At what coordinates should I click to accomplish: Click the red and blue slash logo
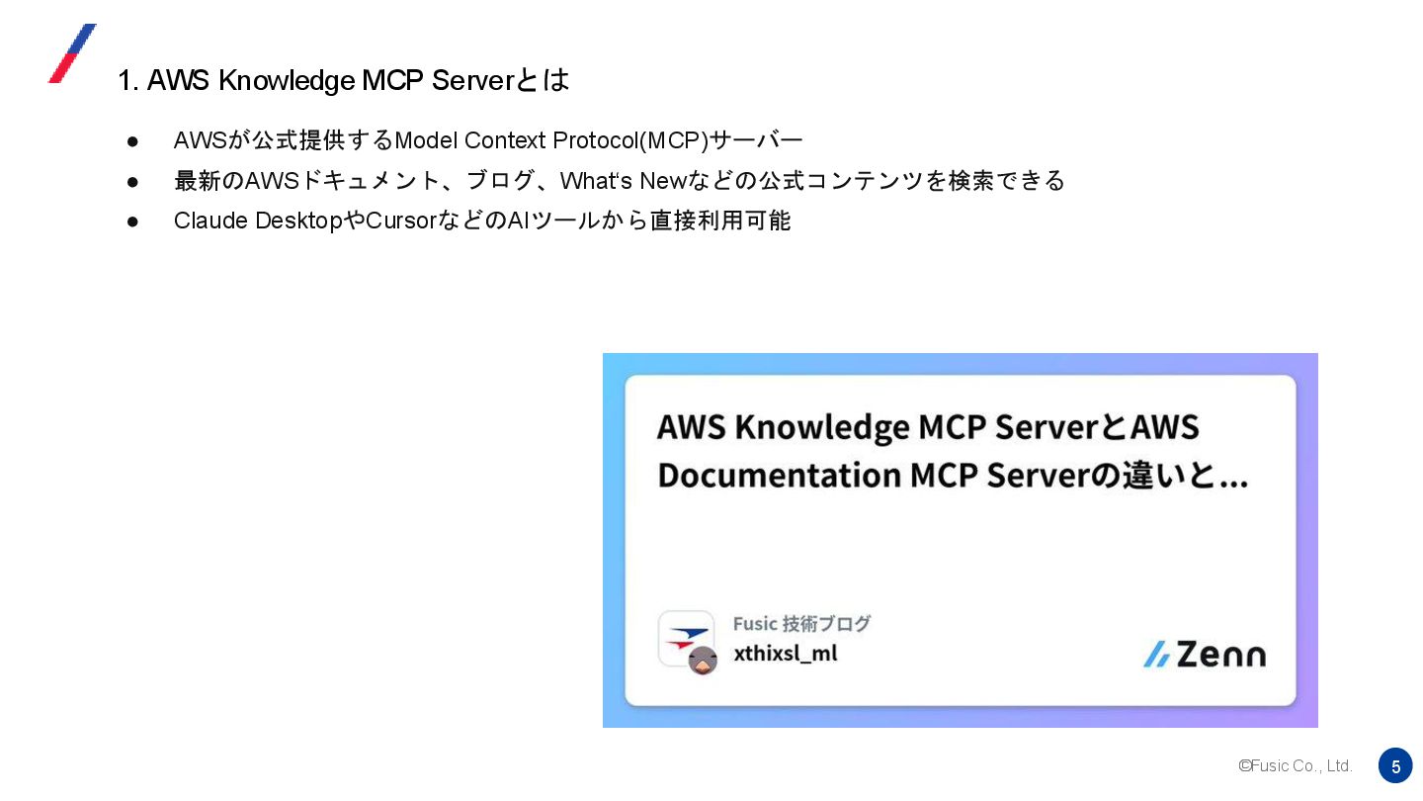click(x=72, y=53)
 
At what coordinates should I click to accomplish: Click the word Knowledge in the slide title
click(x=286, y=80)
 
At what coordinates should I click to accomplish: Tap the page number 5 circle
click(x=1395, y=765)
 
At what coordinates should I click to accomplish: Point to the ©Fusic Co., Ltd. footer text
click(x=1295, y=766)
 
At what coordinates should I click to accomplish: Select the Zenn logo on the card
click(x=1204, y=654)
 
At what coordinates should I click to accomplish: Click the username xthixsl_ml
click(x=785, y=654)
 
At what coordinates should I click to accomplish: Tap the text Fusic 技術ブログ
click(x=801, y=624)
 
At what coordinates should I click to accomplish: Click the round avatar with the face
click(x=703, y=661)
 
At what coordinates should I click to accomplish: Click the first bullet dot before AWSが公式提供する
click(x=133, y=141)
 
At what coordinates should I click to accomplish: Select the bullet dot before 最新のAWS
click(x=133, y=182)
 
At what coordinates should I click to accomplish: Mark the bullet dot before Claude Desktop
click(x=133, y=222)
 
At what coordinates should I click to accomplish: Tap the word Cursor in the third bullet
click(x=400, y=221)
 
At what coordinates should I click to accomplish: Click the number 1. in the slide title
click(x=127, y=81)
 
